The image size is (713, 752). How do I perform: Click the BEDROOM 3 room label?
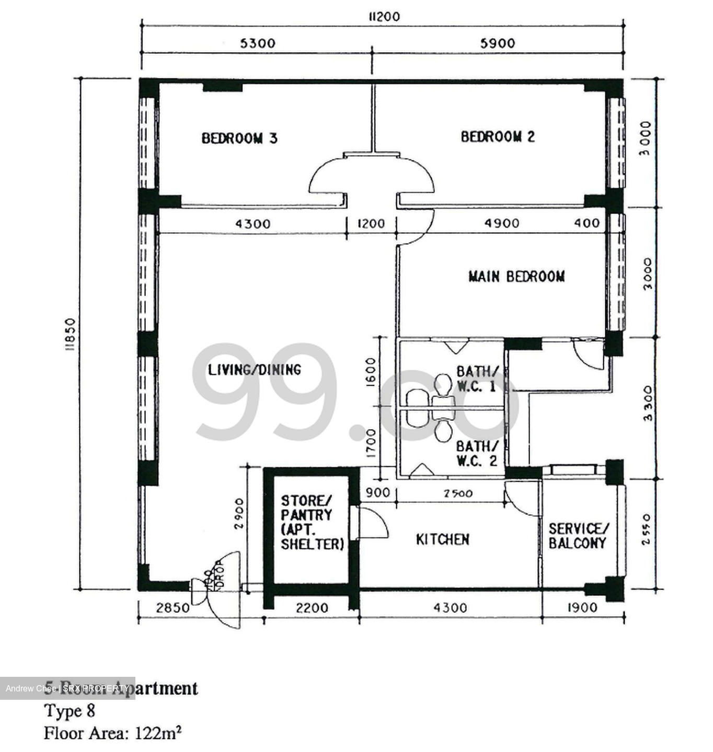[x=239, y=138]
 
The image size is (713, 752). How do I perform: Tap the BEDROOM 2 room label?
[x=498, y=137]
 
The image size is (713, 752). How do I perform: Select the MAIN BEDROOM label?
[x=516, y=276]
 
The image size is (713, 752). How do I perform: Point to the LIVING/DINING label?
[x=255, y=370]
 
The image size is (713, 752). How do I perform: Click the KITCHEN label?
[x=442, y=539]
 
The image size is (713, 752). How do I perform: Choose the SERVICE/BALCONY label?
[x=577, y=536]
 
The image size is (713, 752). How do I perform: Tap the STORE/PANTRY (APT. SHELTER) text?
[x=312, y=522]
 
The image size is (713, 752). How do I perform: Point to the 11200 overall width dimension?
[x=384, y=17]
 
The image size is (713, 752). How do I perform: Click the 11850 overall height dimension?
[x=71, y=335]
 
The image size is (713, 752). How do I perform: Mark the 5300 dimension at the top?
[x=257, y=43]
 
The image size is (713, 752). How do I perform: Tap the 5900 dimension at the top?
[x=498, y=43]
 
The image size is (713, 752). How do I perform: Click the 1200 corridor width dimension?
[x=371, y=224]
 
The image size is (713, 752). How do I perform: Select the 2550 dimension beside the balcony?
[x=647, y=529]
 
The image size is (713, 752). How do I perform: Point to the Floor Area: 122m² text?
[x=113, y=733]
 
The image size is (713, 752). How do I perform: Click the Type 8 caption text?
[x=70, y=711]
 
